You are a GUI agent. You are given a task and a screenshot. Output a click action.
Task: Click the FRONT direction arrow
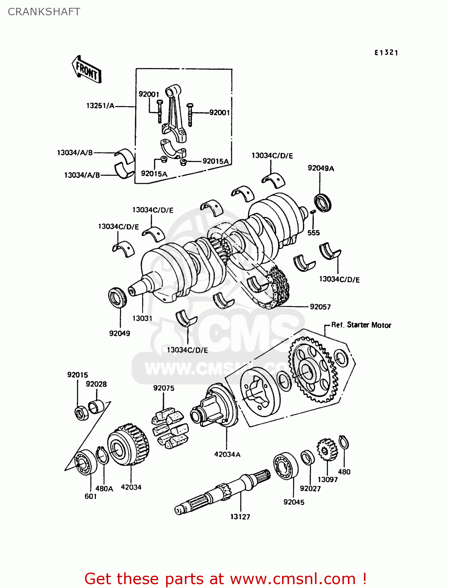pos(87,69)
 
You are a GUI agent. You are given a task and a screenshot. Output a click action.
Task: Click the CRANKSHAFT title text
pos(44,12)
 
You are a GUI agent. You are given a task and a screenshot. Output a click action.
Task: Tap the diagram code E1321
pos(386,53)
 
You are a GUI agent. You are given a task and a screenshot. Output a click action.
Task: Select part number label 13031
pos(142,318)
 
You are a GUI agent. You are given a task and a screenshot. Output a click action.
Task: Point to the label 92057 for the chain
pos(320,307)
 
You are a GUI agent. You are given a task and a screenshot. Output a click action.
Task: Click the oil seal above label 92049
pos(118,297)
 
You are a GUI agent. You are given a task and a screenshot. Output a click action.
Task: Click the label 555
pos(313,233)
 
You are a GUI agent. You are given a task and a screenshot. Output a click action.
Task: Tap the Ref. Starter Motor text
pos(361,325)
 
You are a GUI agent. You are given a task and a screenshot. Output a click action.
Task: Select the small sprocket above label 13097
pos(327,450)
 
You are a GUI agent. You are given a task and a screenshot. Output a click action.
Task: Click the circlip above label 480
pos(344,443)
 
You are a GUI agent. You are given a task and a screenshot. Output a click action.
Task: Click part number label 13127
pos(240,517)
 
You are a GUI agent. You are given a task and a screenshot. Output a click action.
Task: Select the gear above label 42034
pos(128,445)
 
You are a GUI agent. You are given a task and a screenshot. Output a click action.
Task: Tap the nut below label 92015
pos(81,413)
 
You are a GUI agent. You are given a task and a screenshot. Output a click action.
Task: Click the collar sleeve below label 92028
pos(96,406)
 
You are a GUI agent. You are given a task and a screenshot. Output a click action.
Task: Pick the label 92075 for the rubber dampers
pos(164,388)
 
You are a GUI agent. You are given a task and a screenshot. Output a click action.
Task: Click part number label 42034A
pos(227,454)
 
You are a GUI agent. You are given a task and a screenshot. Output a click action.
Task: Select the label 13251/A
pos(100,105)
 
